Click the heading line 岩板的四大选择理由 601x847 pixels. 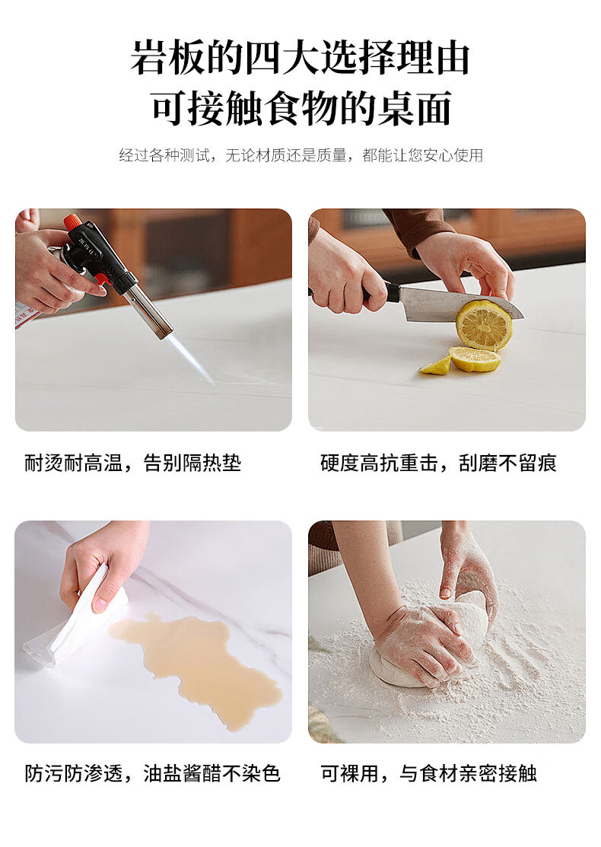point(300,58)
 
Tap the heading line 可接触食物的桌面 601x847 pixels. point(300,108)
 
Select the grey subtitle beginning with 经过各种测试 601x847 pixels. point(300,155)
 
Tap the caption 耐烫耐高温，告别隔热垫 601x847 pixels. point(133,463)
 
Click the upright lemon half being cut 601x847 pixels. point(484,324)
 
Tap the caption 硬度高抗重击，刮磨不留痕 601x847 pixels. point(438,463)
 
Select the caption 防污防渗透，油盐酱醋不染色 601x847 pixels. point(153,773)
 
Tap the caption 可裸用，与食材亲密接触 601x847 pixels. point(429,773)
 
